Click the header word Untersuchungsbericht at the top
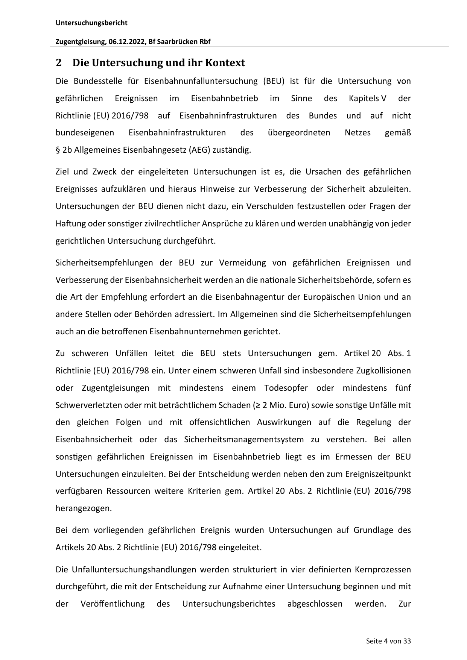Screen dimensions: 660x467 91,23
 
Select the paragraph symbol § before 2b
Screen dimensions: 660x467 58,150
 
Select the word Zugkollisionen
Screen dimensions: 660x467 383,371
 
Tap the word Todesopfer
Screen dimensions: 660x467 286,388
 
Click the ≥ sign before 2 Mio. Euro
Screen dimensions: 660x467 256,405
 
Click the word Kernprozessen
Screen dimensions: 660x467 383,569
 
